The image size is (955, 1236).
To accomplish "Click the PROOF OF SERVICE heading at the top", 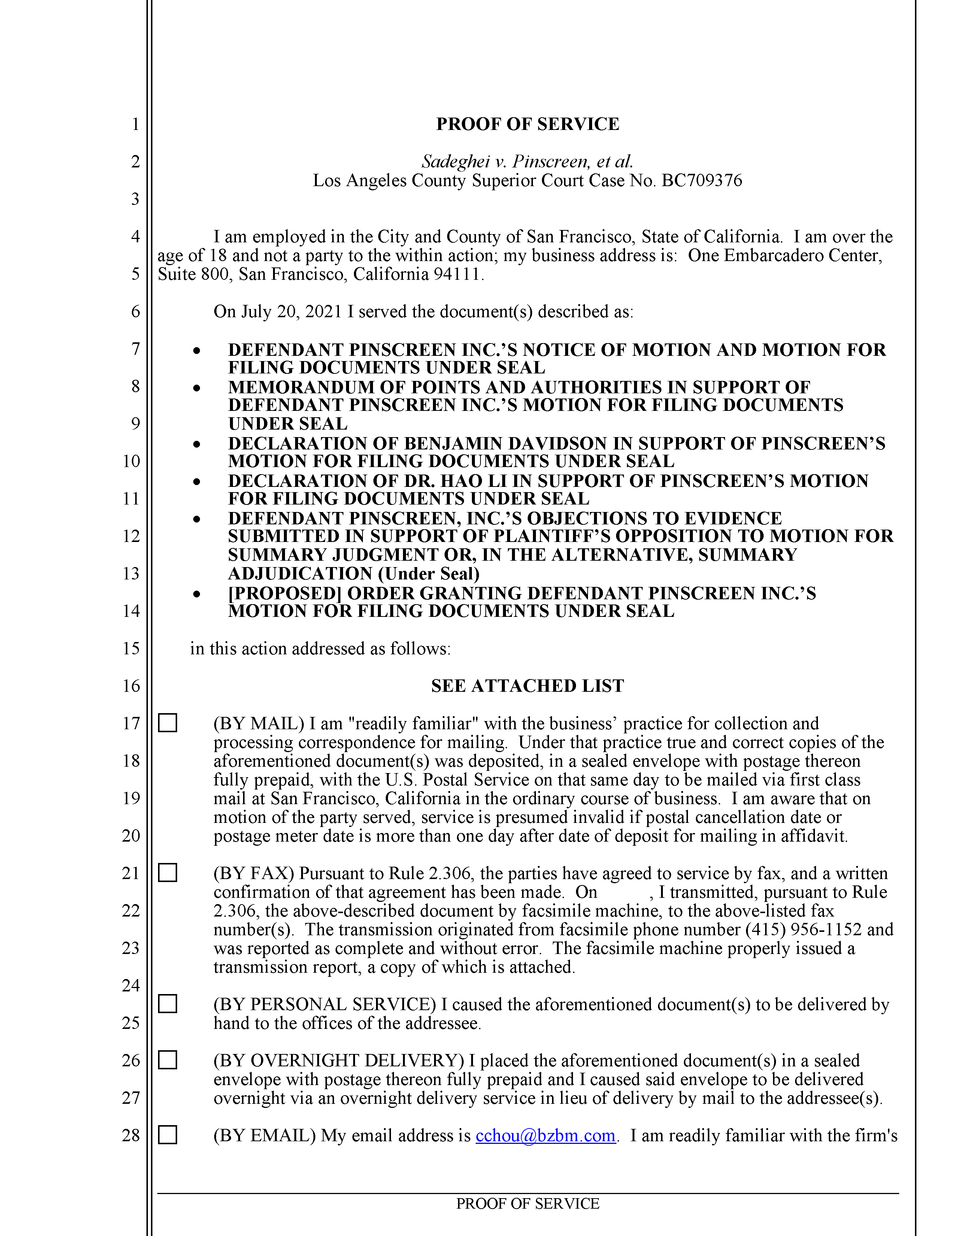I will [x=527, y=124].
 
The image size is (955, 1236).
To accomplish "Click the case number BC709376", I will [x=701, y=181].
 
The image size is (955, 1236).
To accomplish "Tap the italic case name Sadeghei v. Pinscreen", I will [x=527, y=162].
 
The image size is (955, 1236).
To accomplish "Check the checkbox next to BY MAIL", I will [x=167, y=723].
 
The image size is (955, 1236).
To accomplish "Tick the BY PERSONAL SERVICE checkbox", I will [x=167, y=1003].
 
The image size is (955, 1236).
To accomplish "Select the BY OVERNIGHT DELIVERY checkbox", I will [x=167, y=1060].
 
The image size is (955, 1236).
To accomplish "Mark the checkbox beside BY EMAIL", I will [x=167, y=1135].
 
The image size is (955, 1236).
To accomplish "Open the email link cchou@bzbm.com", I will [x=545, y=1136].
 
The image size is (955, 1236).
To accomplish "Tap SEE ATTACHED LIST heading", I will [x=527, y=686].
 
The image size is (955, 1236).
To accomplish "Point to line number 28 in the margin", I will [x=131, y=1135].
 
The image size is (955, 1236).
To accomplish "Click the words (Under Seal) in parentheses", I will [x=428, y=574].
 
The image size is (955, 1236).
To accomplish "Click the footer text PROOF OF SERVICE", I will [x=527, y=1204].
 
